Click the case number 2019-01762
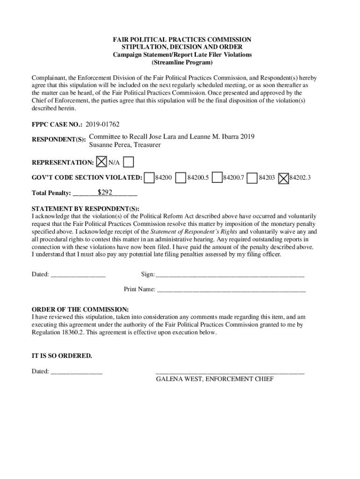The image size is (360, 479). [x=102, y=124]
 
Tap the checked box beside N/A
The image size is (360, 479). [x=101, y=162]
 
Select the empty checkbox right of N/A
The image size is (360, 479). [x=129, y=162]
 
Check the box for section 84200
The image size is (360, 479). [x=149, y=178]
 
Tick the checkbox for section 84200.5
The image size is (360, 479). [x=181, y=178]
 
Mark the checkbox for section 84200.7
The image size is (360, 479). [x=217, y=178]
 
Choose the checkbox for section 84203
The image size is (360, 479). [x=252, y=178]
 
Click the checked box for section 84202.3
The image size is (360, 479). [x=283, y=178]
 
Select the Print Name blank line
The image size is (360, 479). [x=231, y=290]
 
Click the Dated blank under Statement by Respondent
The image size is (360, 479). [x=78, y=275]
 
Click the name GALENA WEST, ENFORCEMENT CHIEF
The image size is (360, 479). [x=215, y=379]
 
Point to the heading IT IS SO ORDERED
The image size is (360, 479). [x=62, y=356]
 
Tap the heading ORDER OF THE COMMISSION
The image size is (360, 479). [x=80, y=310]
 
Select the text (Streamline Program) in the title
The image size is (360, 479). [x=182, y=62]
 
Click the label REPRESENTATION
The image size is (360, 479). [x=63, y=163]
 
